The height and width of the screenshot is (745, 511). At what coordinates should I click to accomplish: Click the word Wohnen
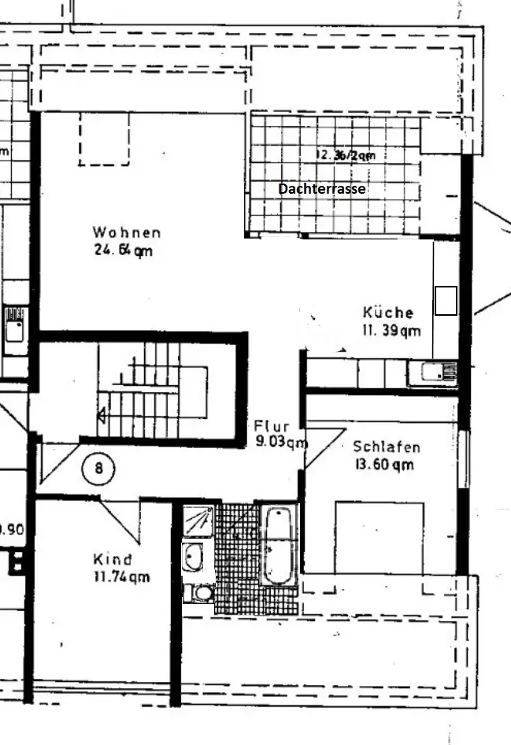(126, 232)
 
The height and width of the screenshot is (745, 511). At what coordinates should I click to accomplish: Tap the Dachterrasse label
(322, 189)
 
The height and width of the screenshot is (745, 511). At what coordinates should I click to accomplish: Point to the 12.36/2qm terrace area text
(345, 155)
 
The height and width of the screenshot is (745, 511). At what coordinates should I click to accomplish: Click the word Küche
(388, 313)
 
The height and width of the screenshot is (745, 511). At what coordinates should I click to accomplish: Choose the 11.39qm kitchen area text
(391, 331)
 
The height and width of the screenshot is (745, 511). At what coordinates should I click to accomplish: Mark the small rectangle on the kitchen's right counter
(446, 300)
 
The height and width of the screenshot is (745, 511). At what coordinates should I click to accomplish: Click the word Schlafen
(387, 447)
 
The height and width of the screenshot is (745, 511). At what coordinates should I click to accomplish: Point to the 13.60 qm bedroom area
(384, 465)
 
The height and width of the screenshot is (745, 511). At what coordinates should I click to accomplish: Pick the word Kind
(113, 560)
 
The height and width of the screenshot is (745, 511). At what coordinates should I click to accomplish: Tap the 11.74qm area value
(121, 577)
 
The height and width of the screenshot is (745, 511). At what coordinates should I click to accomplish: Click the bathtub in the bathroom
(278, 546)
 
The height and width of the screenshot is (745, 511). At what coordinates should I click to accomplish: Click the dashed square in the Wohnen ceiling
(104, 139)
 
